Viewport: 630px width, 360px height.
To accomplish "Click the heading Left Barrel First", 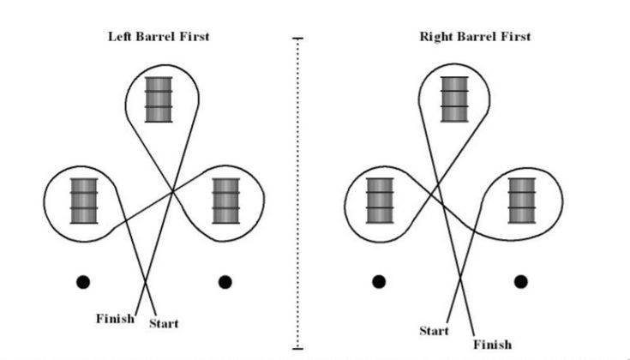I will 159,37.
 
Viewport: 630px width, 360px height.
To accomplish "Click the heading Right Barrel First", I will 475,37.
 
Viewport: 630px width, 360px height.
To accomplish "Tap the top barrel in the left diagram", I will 158,99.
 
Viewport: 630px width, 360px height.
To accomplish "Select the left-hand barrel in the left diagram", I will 84,200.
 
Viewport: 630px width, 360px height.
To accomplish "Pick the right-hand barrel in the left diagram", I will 226,200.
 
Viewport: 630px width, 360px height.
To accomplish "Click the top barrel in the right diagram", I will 455,99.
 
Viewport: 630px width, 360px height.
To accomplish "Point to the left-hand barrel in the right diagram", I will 380,200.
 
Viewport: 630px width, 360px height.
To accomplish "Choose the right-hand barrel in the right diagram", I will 522,200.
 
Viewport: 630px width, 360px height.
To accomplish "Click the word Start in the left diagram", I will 164,323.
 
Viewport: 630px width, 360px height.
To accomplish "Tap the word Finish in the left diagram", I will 115,319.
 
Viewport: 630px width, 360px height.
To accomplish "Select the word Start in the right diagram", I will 434,331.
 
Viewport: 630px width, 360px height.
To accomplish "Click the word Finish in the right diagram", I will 492,345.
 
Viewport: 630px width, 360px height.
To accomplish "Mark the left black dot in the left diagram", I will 82,281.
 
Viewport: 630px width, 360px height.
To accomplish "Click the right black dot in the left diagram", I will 225,281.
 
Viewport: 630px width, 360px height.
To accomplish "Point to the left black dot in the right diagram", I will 378,281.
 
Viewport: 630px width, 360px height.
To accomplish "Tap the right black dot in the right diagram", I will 520,281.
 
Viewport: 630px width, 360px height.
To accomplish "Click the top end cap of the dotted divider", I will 297,39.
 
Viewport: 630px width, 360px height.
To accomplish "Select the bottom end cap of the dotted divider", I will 297,348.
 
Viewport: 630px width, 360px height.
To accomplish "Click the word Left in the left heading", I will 119,37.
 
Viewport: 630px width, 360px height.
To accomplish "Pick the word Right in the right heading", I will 435,37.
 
